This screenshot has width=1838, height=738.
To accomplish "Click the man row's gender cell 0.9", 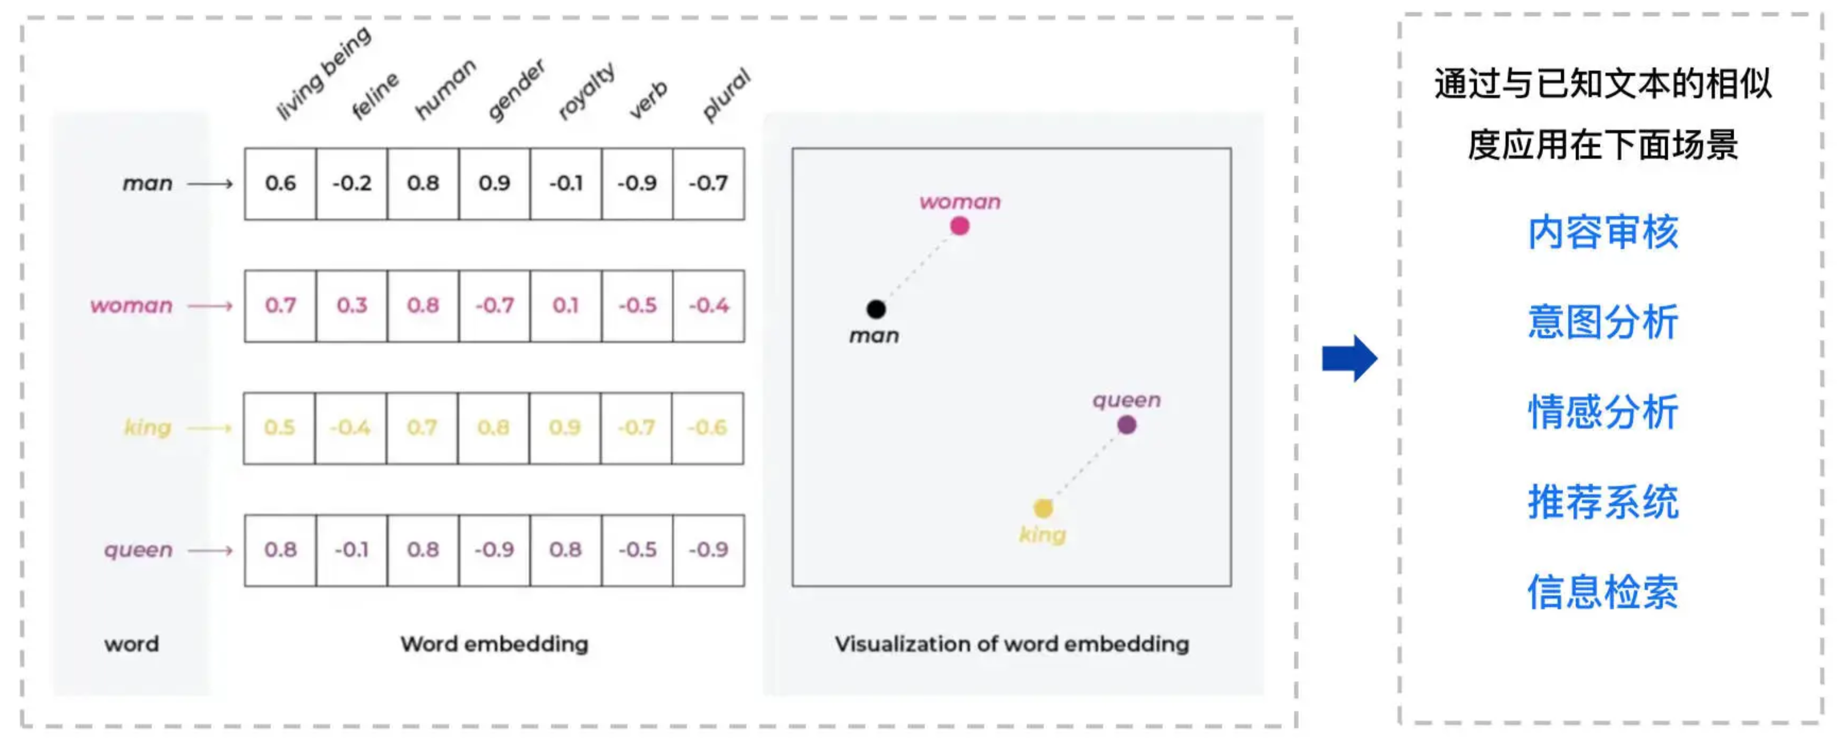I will point(495,183).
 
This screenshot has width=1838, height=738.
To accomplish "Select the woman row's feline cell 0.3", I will point(352,305).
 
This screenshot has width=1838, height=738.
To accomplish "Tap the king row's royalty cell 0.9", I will point(565,428).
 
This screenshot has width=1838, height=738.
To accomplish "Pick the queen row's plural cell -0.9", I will point(708,550).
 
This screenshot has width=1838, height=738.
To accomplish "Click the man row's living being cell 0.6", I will point(280,183).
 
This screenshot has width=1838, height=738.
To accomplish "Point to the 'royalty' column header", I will point(586,92).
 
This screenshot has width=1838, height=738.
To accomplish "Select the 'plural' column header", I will point(727,95).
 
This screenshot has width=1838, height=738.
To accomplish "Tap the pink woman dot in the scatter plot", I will point(960,226).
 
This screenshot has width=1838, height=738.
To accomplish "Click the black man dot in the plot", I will point(876,309).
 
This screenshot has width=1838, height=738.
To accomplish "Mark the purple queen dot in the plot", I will point(1127,425).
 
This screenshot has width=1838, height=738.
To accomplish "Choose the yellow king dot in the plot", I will point(1043,508).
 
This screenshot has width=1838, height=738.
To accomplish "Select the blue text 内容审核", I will point(1602,233).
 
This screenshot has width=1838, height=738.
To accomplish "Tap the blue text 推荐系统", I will point(1602,502).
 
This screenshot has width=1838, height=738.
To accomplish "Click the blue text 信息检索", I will point(1602,592).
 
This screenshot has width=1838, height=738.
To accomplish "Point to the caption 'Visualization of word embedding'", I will point(1012,644).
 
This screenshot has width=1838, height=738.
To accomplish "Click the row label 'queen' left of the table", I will point(139,550).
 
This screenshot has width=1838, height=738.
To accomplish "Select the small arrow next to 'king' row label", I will point(210,428).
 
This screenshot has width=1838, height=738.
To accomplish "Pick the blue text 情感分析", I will point(1602,412).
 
